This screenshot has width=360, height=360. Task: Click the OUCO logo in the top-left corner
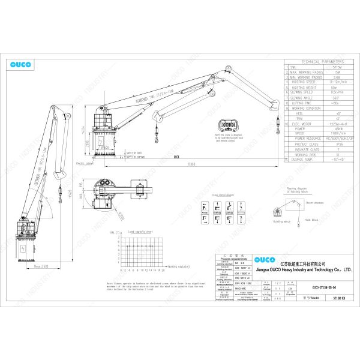(23, 64)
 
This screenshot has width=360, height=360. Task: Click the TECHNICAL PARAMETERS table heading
(322, 62)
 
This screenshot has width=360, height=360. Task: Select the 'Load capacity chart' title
(140, 231)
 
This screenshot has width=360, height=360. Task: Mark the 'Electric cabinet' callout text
(85, 163)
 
